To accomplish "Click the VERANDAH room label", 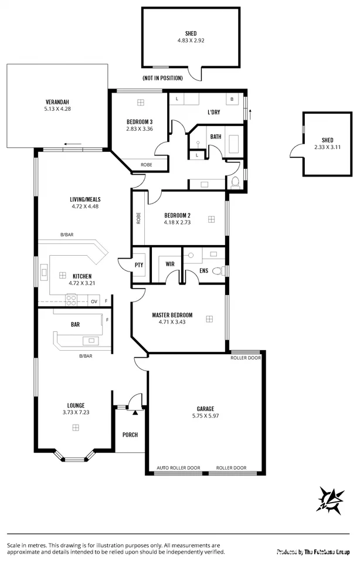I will point(57,101).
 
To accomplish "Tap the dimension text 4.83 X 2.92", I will point(191,41).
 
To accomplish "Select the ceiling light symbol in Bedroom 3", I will point(140,102).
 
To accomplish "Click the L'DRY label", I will point(213,112).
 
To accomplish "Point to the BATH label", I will point(216,137).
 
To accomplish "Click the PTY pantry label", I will point(139,264).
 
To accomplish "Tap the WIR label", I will point(170,264).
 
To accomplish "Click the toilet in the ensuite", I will point(218,270).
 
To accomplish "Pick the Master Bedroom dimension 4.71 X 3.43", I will point(172,322).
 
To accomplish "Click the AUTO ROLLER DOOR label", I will point(178,468).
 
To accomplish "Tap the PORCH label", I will point(130,435).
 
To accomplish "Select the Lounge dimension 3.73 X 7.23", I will point(76,413).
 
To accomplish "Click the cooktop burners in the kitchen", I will point(71,300).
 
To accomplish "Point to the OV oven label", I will point(94,301).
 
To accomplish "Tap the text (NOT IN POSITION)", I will point(162,77).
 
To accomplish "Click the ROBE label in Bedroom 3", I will point(147,165).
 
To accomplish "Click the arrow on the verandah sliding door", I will point(73,144).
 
